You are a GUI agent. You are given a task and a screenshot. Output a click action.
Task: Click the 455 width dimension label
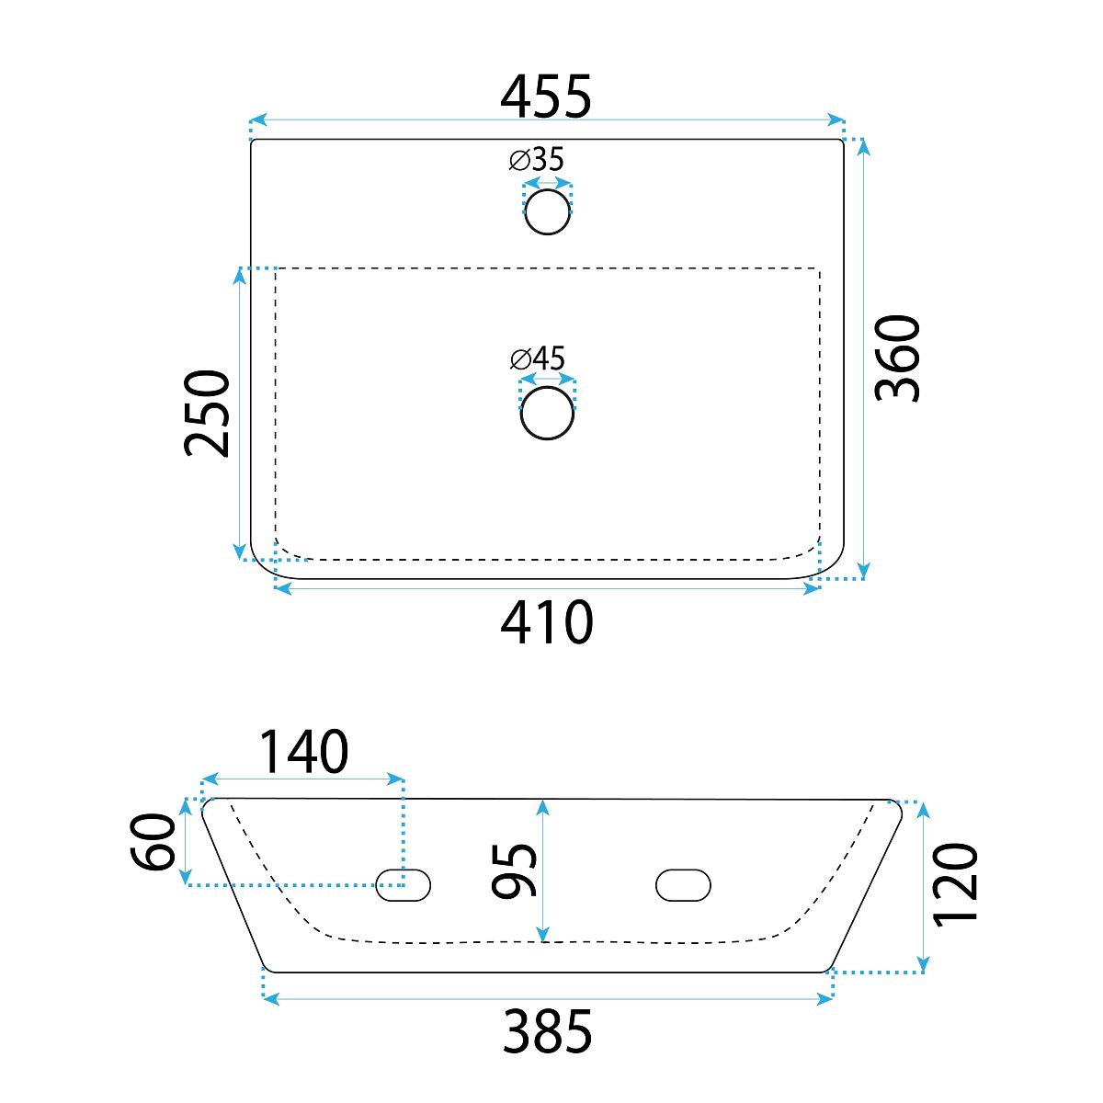545,97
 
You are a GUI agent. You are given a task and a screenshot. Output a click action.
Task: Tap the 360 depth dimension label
897,358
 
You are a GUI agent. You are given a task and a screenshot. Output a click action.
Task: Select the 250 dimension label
207,414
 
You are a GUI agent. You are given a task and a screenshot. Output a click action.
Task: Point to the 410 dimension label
547,622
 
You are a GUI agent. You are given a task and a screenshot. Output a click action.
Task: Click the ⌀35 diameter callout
536,159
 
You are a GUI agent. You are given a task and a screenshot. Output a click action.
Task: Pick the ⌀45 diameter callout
538,358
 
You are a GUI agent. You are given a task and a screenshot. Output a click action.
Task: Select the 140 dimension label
303,751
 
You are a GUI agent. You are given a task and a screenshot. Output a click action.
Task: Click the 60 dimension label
153,842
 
